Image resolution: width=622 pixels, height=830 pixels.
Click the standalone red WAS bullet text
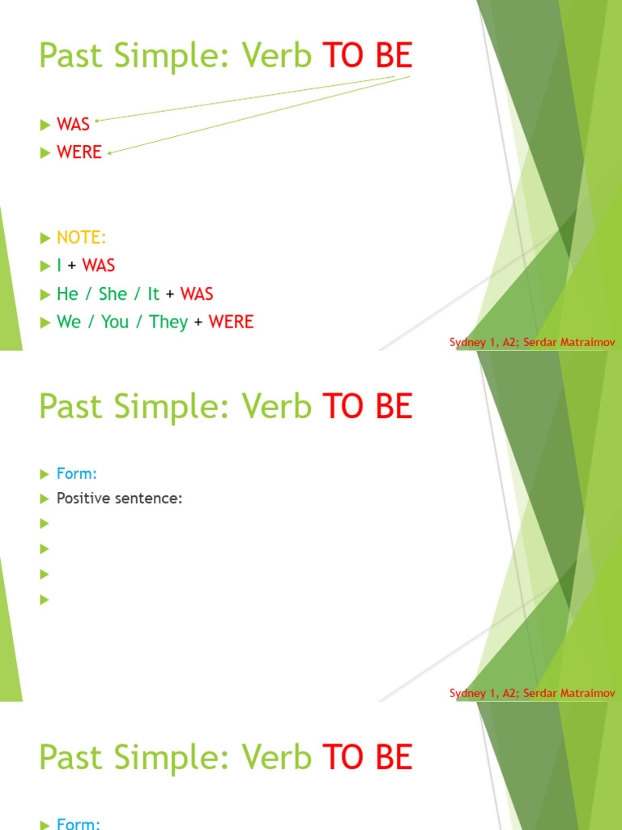(x=73, y=124)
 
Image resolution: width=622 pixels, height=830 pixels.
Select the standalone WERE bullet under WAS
(x=79, y=152)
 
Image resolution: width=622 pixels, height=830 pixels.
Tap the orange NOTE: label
(x=81, y=237)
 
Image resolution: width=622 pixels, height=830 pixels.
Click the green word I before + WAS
(x=59, y=265)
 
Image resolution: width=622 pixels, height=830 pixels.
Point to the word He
(x=67, y=293)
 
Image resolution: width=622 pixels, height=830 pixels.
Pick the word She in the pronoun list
(x=113, y=293)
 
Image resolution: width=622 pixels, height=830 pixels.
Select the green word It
(x=153, y=293)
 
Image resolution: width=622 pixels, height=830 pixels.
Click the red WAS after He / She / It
(x=197, y=293)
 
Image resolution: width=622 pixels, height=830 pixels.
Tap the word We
(x=69, y=322)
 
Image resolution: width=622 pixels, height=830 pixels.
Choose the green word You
(x=115, y=322)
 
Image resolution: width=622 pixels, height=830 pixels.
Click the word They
(x=168, y=322)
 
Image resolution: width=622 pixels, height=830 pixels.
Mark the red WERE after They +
(x=231, y=322)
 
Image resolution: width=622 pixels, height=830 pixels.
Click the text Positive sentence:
(x=119, y=498)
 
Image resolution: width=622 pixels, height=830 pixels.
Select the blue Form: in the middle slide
(x=77, y=473)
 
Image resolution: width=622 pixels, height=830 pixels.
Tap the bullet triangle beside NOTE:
(x=45, y=237)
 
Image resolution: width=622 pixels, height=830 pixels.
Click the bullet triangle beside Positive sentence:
(x=45, y=498)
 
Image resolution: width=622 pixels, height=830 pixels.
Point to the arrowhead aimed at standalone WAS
(x=96, y=120)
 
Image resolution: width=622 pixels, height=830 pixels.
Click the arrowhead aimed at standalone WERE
(x=109, y=150)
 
